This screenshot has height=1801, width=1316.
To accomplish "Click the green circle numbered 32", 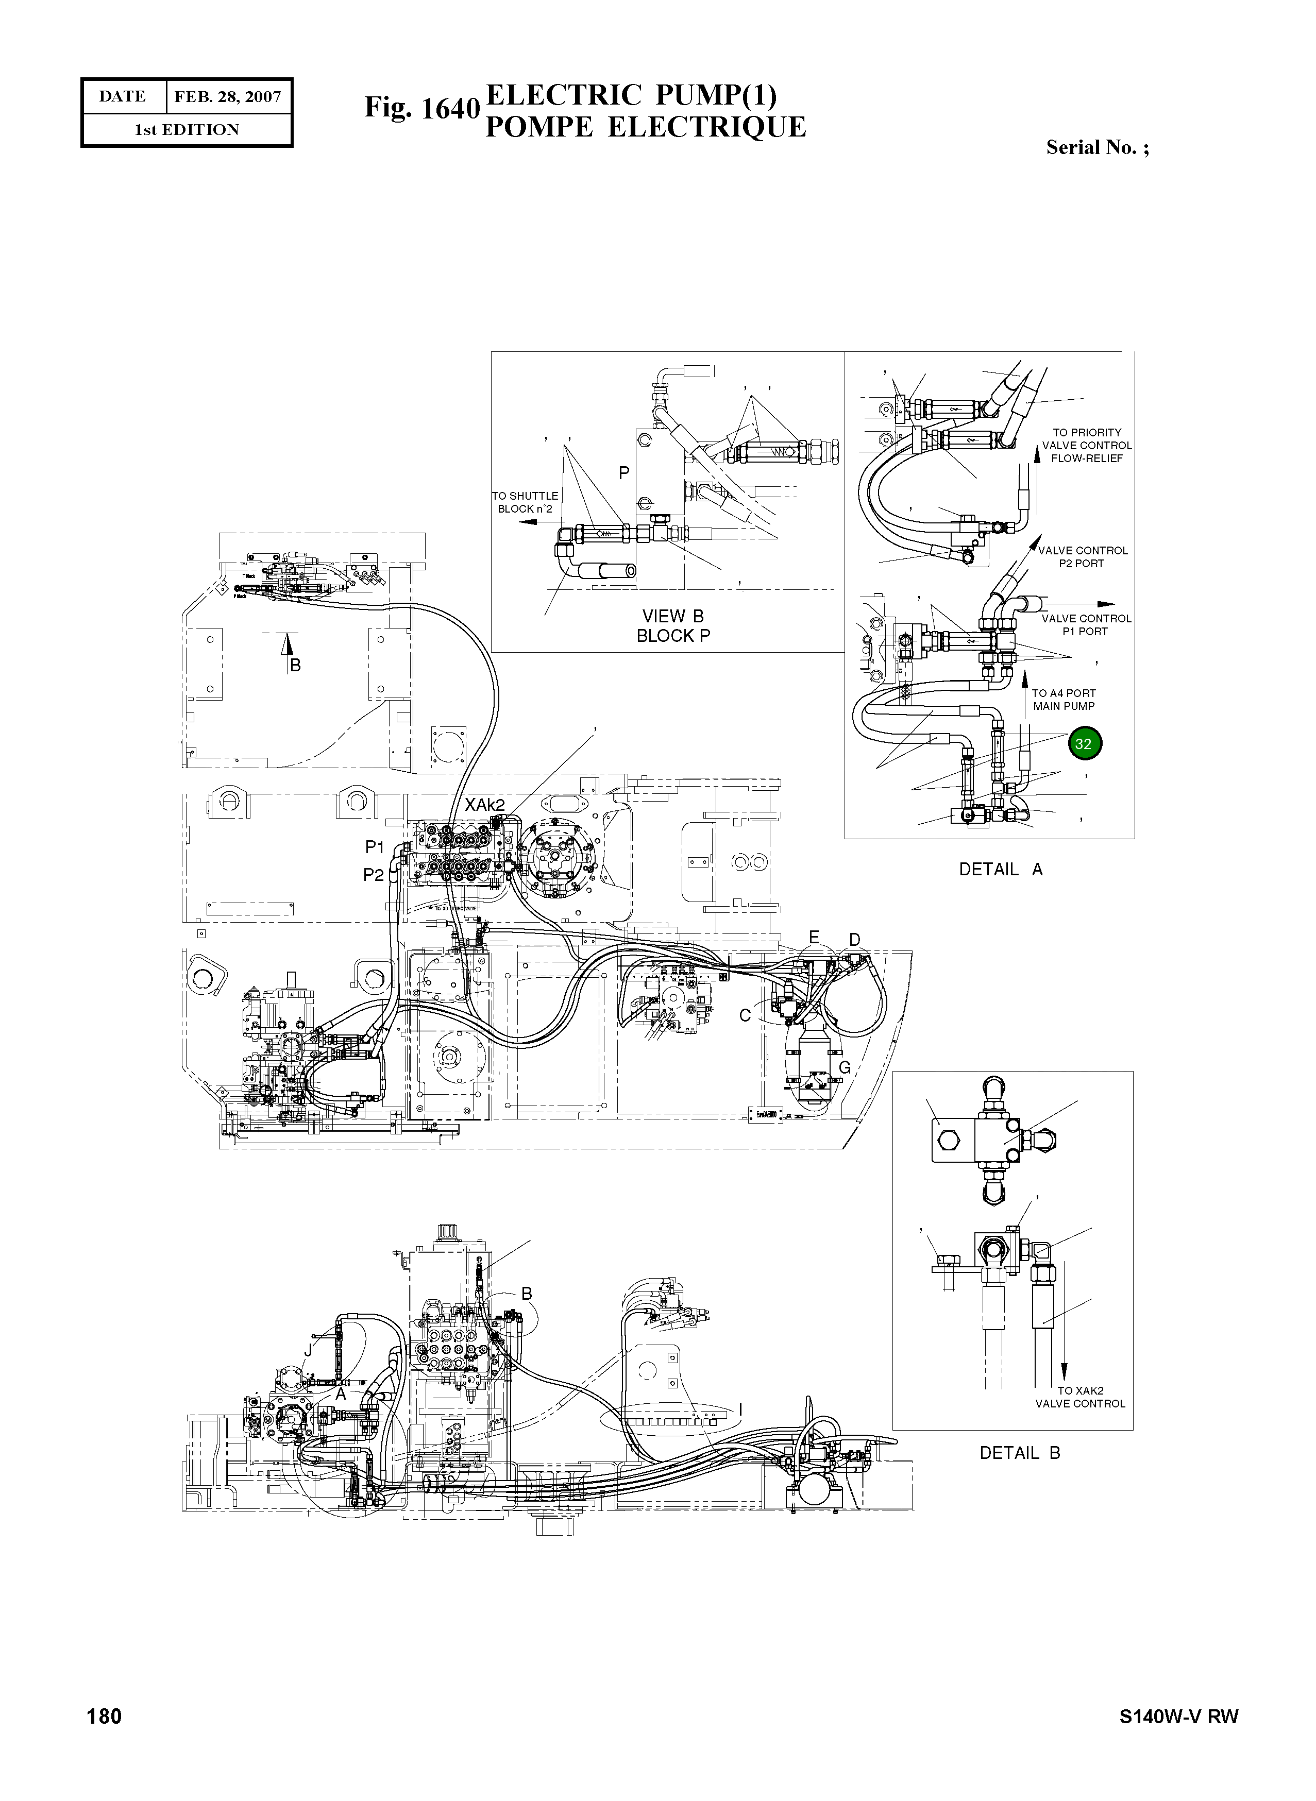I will [x=1084, y=744].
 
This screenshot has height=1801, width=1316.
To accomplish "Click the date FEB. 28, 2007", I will [x=227, y=97].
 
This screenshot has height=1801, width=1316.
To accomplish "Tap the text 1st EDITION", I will [x=187, y=130].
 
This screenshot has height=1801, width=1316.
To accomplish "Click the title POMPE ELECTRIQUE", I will [x=645, y=127].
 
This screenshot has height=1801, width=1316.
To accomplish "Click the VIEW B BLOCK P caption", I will [x=673, y=625].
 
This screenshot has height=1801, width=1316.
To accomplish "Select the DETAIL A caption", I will [x=1001, y=869].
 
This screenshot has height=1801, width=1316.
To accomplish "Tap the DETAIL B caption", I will [x=1020, y=1453].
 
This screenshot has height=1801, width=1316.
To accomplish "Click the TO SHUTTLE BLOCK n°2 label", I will [x=525, y=502].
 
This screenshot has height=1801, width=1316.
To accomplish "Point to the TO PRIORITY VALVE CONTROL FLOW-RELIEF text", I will [x=1087, y=445].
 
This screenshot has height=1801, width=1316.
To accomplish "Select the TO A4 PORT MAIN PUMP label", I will [x=1064, y=700].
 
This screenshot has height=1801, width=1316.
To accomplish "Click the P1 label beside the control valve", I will [x=375, y=847].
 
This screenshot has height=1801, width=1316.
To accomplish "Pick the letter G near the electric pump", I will [x=845, y=1067].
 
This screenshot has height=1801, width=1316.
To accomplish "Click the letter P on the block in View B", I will [x=624, y=473].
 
